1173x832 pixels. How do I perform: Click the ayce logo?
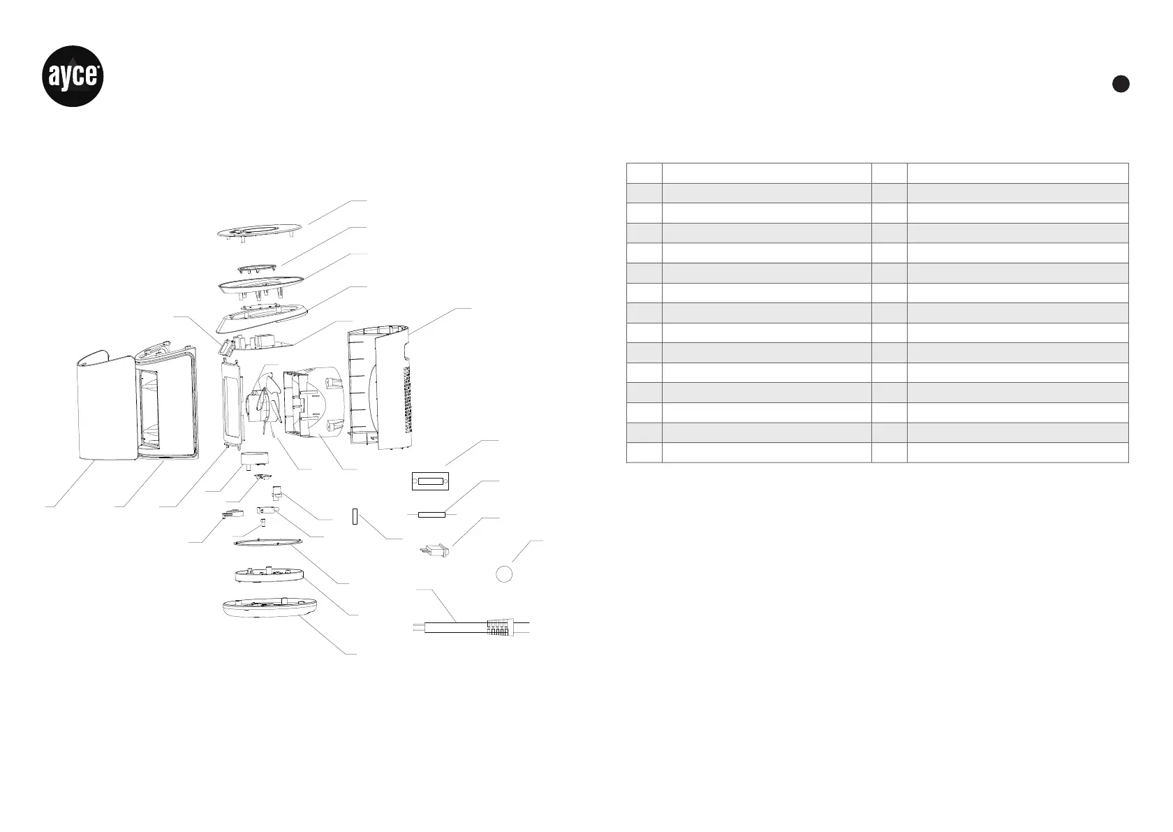click(x=75, y=76)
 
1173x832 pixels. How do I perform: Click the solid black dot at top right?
click(x=1120, y=83)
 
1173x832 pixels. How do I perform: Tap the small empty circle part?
click(x=504, y=574)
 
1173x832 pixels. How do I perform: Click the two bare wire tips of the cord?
click(x=417, y=627)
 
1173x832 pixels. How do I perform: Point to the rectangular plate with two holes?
click(x=429, y=481)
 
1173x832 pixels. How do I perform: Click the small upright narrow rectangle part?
click(x=355, y=517)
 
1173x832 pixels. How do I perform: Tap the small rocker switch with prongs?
click(x=434, y=552)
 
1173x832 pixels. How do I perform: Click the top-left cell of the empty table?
click(x=644, y=173)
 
